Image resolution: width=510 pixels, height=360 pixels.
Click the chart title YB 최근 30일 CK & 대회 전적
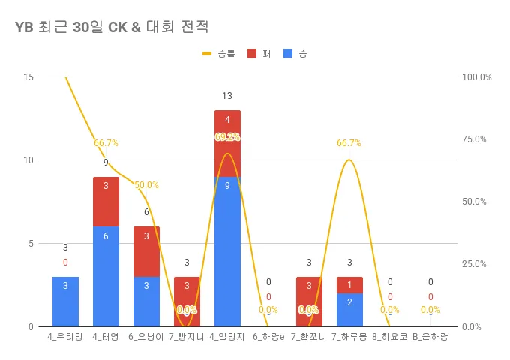tap(111, 27)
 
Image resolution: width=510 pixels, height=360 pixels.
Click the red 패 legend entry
tap(259, 54)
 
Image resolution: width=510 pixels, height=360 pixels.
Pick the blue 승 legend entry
tap(295, 54)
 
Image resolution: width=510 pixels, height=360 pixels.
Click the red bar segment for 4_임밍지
tap(227, 143)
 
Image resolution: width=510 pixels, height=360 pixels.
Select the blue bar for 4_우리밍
tap(65, 301)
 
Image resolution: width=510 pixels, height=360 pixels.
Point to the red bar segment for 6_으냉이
tap(146, 251)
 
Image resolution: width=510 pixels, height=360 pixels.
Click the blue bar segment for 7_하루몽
tap(349, 310)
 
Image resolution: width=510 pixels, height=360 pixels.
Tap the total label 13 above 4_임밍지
tap(227, 96)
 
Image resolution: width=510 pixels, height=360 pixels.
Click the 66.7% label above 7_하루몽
tap(349, 143)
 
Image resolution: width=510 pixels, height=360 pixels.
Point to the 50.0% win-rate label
tap(146, 185)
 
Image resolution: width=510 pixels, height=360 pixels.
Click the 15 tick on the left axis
tap(28, 77)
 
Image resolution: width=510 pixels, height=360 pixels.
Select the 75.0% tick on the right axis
tap(476, 139)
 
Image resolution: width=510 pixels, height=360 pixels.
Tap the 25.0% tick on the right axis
tap(476, 264)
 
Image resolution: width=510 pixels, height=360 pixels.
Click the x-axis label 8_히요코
tap(390, 337)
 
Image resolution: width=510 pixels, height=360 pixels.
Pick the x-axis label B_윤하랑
tap(430, 337)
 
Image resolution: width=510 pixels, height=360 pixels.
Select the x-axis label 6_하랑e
tap(268, 337)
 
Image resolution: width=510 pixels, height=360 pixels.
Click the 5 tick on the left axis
tap(31, 244)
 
